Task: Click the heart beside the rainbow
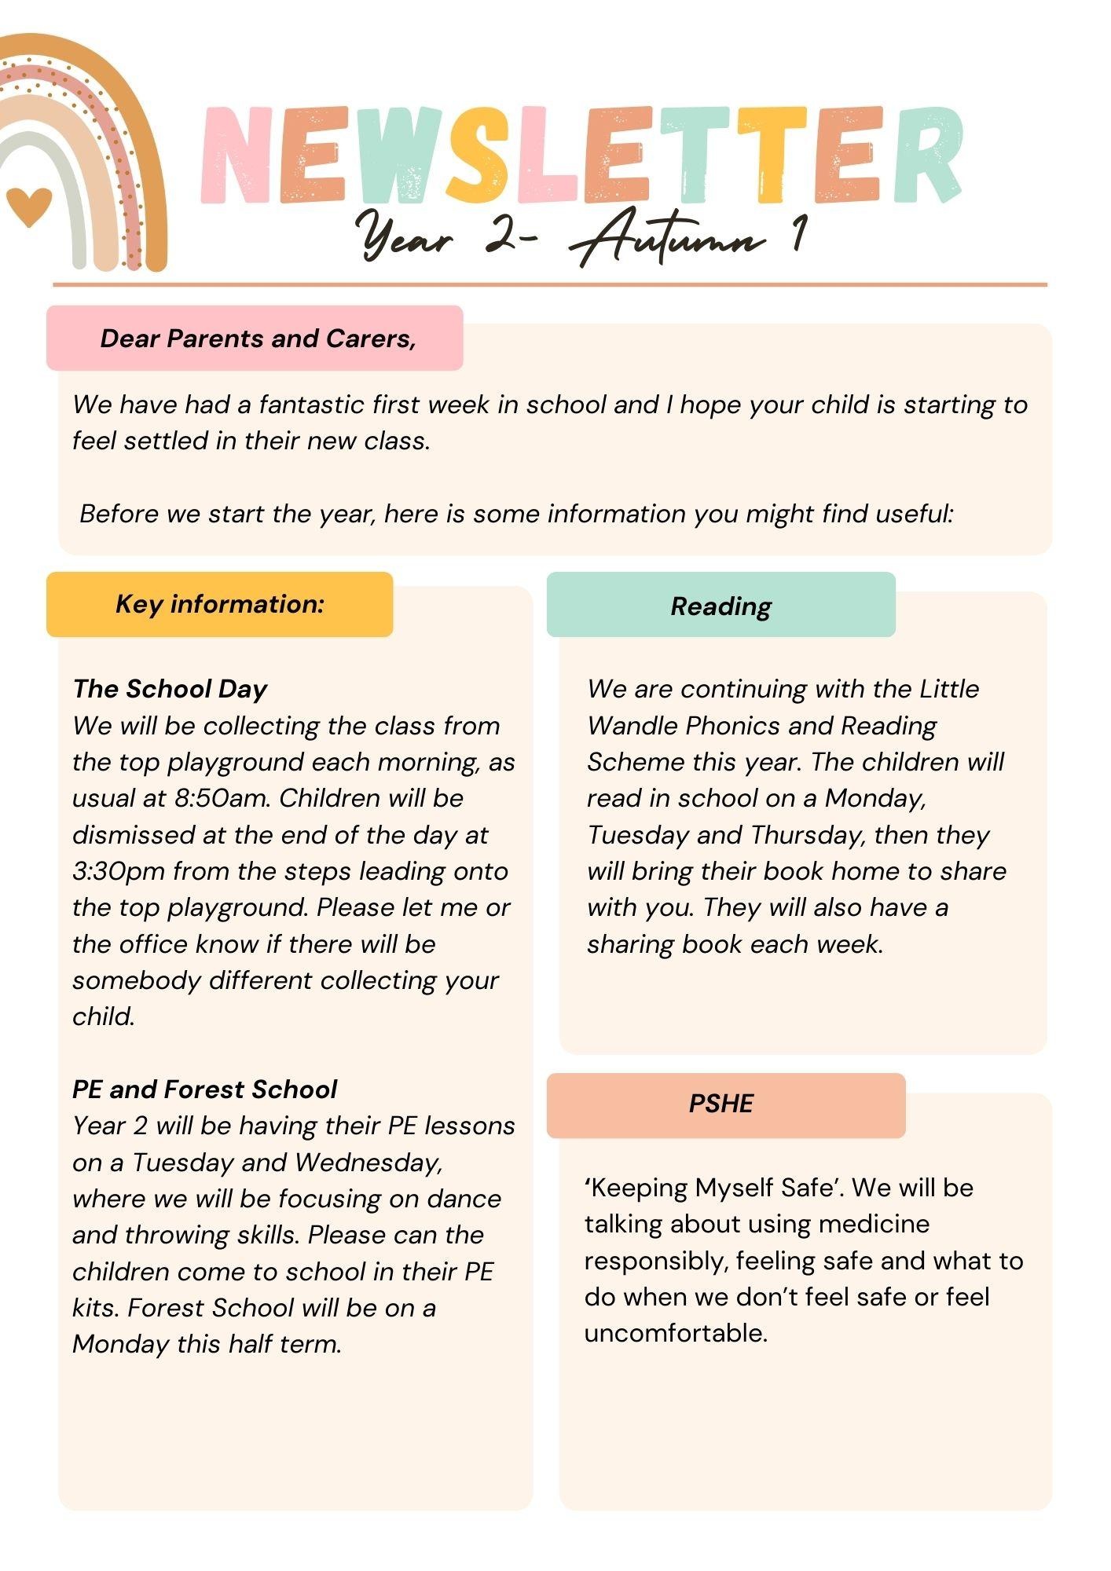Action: click(x=29, y=206)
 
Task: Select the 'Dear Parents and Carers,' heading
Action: click(x=258, y=339)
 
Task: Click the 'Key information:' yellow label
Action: click(x=220, y=604)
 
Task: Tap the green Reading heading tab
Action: click(x=720, y=606)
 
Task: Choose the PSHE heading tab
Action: click(x=720, y=1104)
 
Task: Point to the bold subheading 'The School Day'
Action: click(x=170, y=689)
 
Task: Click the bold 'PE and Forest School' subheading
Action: click(x=204, y=1089)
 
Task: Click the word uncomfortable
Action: click(x=676, y=1333)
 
